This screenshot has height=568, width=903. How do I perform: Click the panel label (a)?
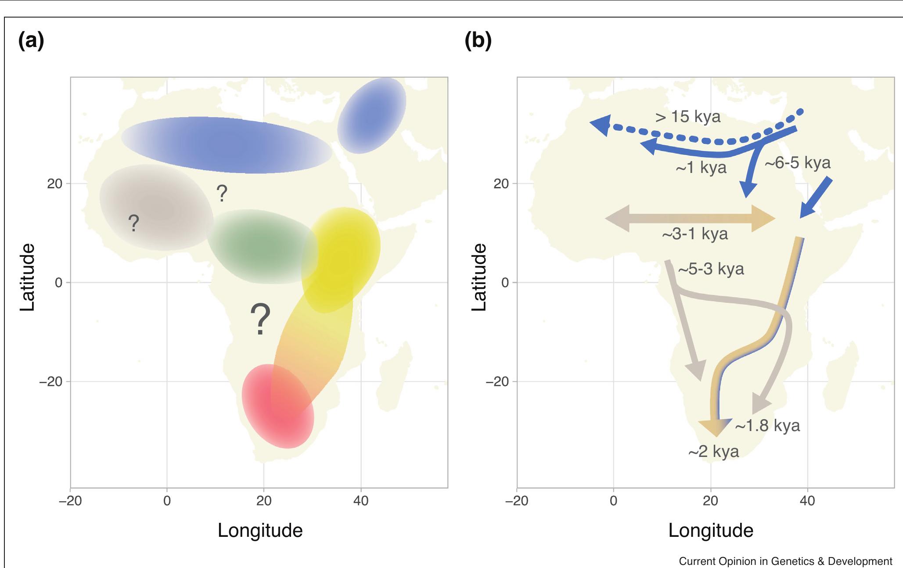point(31,41)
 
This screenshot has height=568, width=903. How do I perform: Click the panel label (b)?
point(478,41)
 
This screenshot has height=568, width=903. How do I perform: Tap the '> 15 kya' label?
point(687,117)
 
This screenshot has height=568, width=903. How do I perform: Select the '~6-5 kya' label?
point(797,163)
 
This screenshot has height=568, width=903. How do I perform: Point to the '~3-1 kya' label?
point(694,234)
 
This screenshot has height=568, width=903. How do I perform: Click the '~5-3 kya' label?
point(711,269)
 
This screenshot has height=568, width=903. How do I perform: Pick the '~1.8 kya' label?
point(767,426)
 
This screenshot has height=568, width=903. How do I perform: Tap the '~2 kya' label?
point(713,452)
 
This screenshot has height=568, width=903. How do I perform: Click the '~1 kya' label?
point(701,168)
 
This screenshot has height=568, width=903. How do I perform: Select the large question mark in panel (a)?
point(260,319)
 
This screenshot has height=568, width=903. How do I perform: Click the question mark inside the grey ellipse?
point(134,223)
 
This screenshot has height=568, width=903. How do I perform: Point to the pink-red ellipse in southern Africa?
point(278,406)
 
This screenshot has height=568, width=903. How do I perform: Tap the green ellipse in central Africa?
point(262,247)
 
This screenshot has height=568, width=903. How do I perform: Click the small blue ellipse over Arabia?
point(372,115)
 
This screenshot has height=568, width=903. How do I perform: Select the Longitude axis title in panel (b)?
point(710,530)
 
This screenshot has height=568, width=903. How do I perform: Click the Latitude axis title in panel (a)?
point(27,277)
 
